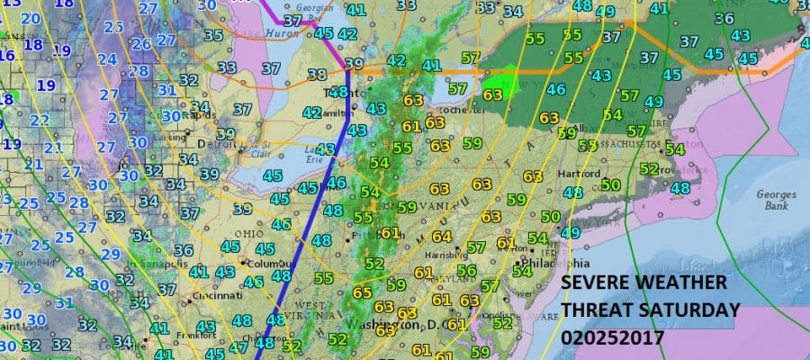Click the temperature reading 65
(362, 292)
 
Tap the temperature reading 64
(441, 236)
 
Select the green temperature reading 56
(465, 271)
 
